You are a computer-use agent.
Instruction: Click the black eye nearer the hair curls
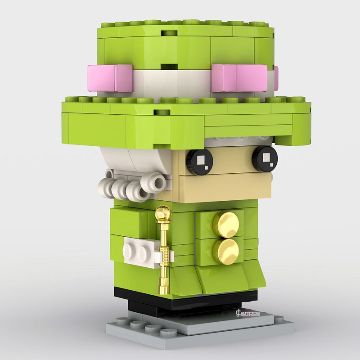coord(200,160)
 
